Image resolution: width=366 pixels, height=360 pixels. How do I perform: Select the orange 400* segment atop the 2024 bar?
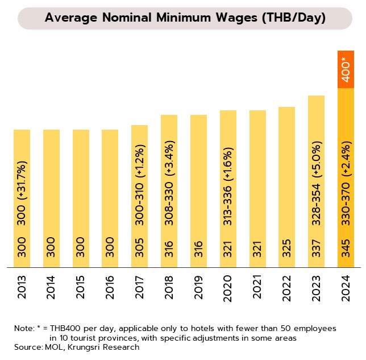(x=346, y=71)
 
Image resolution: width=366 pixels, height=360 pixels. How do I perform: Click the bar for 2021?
(x=257, y=188)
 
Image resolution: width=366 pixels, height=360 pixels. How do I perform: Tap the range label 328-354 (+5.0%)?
(x=317, y=192)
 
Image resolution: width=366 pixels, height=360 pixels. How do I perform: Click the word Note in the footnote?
(x=24, y=329)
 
